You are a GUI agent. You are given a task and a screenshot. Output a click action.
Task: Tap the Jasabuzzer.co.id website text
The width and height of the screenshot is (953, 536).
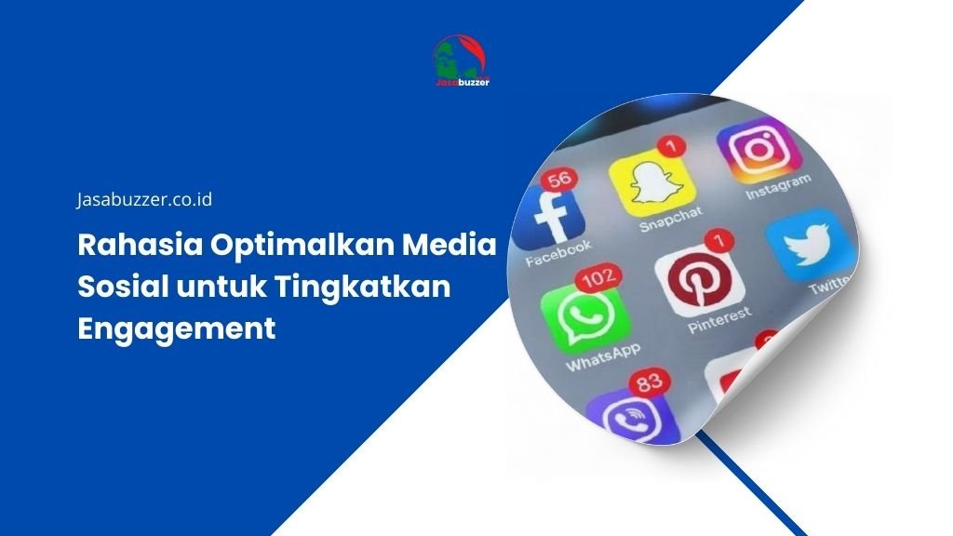pos(144,199)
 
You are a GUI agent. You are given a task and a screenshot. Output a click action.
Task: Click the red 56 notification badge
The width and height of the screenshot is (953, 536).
pos(559,180)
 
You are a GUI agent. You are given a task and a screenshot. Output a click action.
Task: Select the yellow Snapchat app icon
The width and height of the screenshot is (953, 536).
pos(651,183)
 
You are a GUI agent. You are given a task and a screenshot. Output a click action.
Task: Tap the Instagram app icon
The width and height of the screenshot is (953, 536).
pos(758,151)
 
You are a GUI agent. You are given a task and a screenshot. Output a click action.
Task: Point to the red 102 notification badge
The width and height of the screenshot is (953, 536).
pos(599,279)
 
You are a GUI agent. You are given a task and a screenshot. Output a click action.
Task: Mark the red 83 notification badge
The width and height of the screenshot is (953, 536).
pos(650,382)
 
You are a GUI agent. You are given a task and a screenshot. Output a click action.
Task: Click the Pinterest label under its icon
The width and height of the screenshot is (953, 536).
pos(719,320)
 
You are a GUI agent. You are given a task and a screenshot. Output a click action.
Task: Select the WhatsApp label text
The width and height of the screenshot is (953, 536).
pos(602,358)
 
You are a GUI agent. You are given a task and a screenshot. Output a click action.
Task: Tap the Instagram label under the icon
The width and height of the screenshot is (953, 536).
pos(778,187)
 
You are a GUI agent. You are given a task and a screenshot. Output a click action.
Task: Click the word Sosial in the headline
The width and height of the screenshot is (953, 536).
pos(123,287)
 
